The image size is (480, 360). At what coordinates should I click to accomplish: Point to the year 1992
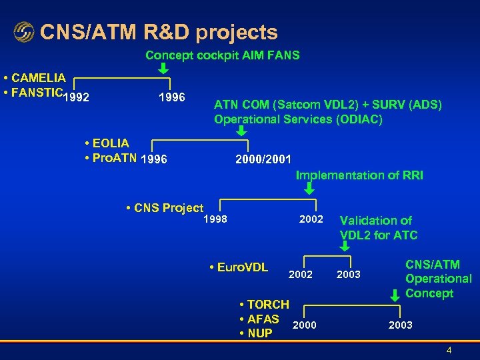[x=77, y=97]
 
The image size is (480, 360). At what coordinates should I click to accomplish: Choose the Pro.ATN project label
[x=111, y=158]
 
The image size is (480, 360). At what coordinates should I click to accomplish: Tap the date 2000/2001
[x=263, y=159]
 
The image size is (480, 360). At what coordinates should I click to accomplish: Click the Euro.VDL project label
[x=238, y=267]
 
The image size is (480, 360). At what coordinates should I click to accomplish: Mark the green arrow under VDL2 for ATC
[x=345, y=246]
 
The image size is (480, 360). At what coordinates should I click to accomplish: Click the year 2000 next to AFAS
[x=304, y=325]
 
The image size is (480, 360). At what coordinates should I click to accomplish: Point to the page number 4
[x=449, y=350]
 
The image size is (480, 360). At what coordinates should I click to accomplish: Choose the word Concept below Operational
[x=429, y=293]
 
